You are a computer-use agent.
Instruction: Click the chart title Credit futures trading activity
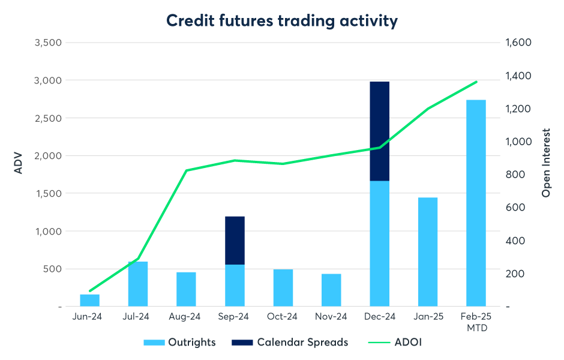tap(282, 21)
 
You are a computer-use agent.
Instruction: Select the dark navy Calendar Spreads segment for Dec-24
tap(379, 131)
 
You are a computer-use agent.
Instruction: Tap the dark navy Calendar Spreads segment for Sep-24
tap(235, 240)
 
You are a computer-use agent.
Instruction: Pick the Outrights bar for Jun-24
tap(89, 300)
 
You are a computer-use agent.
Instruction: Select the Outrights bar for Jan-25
tap(428, 251)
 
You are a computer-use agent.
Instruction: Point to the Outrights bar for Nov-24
tap(331, 290)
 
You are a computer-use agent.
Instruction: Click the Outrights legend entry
tap(179, 343)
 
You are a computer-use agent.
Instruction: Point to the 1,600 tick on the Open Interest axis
tap(520, 43)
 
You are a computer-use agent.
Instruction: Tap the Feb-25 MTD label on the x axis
tap(476, 322)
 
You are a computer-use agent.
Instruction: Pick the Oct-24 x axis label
tap(283, 317)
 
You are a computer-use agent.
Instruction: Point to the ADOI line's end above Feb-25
tap(476, 82)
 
